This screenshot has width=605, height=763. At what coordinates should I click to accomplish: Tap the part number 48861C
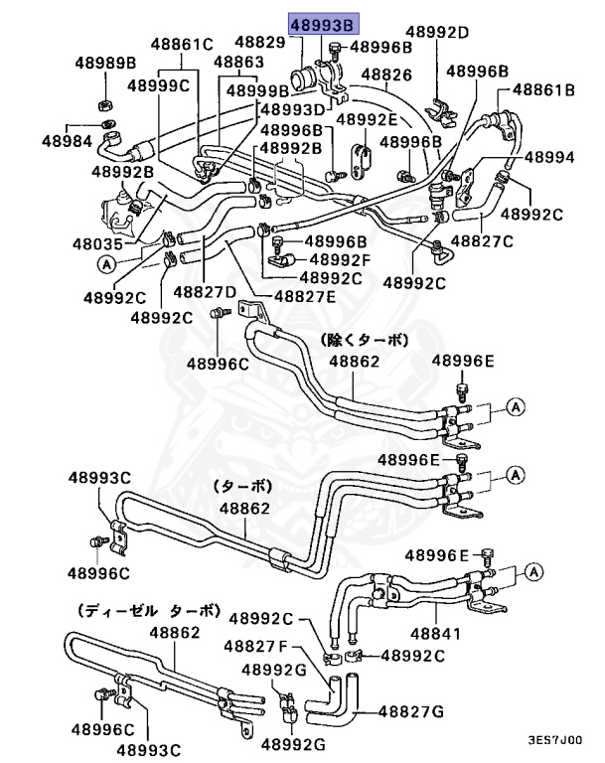(183, 44)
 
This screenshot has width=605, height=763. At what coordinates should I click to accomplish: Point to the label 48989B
(105, 65)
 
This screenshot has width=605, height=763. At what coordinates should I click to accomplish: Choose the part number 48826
(386, 75)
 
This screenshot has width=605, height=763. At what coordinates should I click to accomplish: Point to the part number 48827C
(482, 240)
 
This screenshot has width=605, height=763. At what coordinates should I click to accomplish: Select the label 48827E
(305, 295)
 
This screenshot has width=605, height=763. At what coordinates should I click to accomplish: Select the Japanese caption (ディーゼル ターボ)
(147, 610)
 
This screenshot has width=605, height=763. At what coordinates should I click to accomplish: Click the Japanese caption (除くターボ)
(364, 340)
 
